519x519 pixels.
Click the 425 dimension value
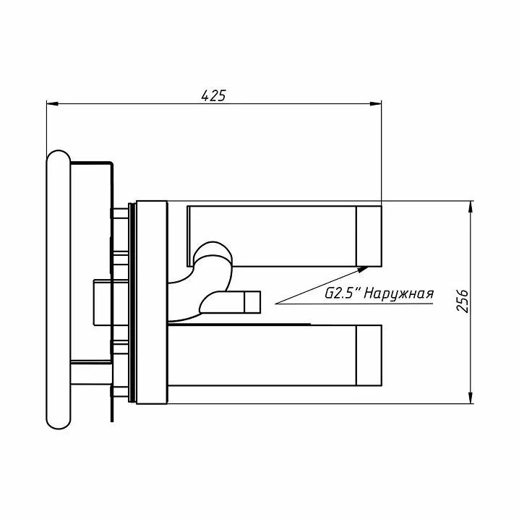click(x=213, y=95)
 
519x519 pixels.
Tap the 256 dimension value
click(x=463, y=301)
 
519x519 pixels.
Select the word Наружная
click(x=399, y=294)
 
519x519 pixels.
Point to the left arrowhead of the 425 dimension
click(x=52, y=104)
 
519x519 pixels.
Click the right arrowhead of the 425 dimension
click(x=376, y=104)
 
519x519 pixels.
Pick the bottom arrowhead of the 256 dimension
click(x=471, y=398)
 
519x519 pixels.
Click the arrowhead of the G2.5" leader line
click(x=363, y=269)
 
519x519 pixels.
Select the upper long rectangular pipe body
click(x=271, y=236)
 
